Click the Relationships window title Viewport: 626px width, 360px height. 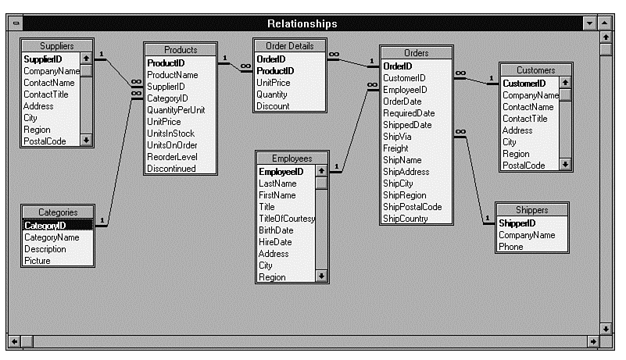pos(302,23)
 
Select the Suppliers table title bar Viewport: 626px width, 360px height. pos(56,46)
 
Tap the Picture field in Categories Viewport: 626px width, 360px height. pos(37,261)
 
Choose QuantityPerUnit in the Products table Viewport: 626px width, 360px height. pos(176,110)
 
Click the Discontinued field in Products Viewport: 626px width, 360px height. pos(171,169)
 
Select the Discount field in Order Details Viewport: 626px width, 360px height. pos(273,106)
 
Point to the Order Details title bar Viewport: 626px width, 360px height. pos(289,46)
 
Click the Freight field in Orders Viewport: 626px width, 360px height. pos(395,148)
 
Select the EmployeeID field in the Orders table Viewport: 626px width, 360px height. pos(404,90)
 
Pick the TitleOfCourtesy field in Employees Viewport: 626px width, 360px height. pos(286,219)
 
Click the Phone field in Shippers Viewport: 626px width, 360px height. pos(511,247)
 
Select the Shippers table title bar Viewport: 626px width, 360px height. pos(531,210)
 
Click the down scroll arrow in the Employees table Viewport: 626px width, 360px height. pos(321,276)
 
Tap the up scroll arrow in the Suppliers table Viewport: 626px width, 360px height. pos(86,59)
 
